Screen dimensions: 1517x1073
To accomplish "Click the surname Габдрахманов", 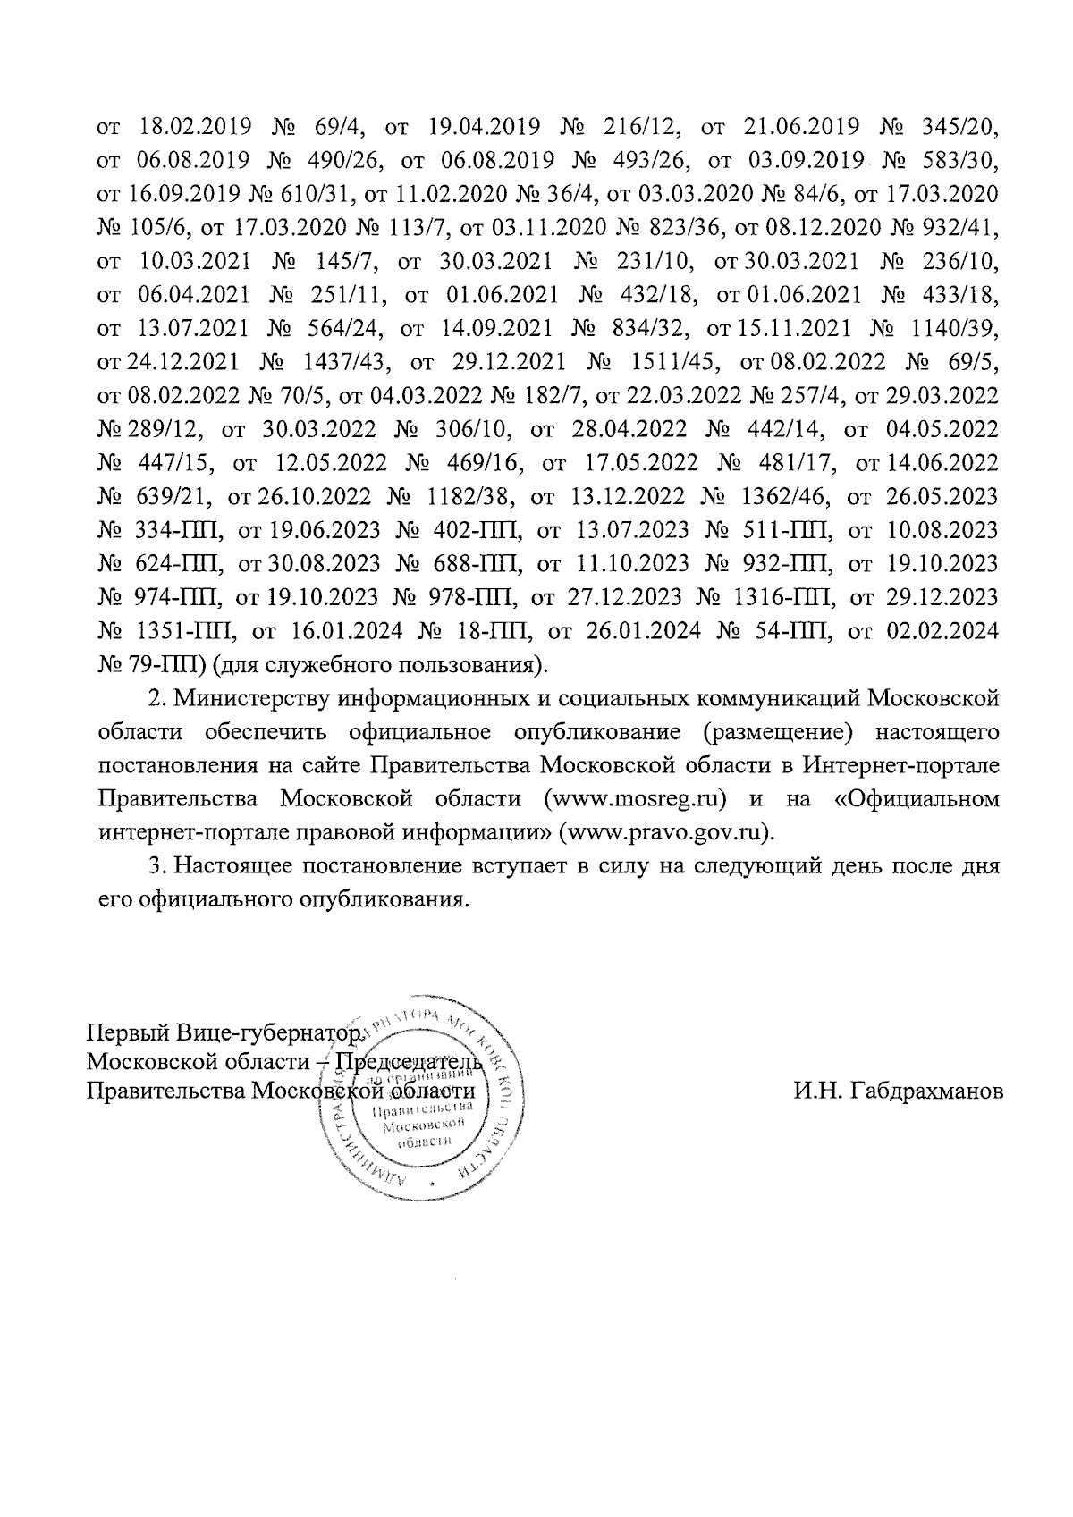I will click(898, 1091).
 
